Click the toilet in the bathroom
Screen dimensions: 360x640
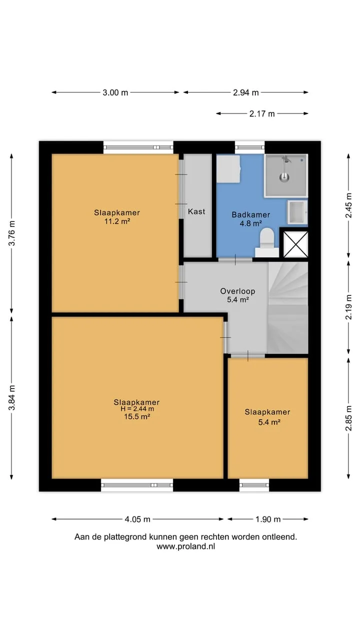tap(267, 242)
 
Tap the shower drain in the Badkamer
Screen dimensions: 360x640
tap(284, 177)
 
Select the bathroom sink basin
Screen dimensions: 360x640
tap(297, 211)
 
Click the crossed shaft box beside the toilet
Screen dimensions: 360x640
tap(295, 244)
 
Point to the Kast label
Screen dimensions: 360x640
tap(196, 211)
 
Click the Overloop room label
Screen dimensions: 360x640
tap(237, 291)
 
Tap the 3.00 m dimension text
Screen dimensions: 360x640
tap(115, 92)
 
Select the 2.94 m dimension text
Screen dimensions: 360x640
tap(245, 92)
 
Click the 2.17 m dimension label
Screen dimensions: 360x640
tap(262, 113)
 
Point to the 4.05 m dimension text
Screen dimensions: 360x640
tap(137, 519)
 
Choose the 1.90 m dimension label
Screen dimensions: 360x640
tap(268, 519)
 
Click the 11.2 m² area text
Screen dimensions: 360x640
tap(117, 221)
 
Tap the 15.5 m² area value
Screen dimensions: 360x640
tap(137, 416)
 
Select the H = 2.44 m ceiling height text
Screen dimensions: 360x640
tap(137, 409)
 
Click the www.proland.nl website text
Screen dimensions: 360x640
tap(185, 546)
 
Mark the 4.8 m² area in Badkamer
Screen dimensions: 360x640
tap(250, 223)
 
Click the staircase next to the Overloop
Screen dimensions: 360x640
tap(288, 307)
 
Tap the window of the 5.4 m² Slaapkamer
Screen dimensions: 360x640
tap(254, 485)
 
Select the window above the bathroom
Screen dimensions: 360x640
tap(249, 147)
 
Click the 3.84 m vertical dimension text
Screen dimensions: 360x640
tap(12, 397)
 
